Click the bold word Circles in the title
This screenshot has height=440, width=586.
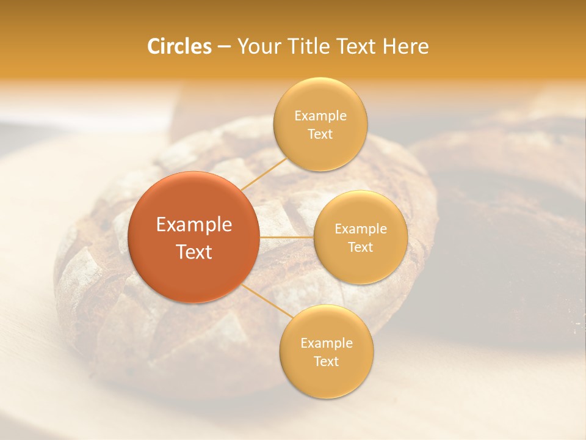179,46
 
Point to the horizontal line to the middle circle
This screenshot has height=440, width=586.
286,237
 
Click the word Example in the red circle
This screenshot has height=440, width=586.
194,225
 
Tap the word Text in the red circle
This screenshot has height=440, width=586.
194,252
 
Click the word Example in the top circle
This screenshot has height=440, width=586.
320,116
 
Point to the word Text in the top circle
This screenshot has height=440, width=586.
320,134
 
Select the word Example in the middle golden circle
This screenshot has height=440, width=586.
360,229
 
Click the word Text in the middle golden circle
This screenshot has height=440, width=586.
360,248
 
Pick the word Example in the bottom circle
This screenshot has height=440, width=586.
326,343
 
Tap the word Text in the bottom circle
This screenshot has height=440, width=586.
326,362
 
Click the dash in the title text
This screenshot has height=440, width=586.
224,47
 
